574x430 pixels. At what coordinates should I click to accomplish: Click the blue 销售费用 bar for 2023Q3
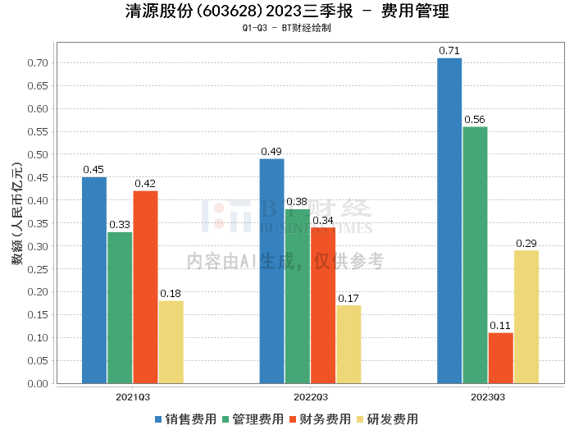pos(449,221)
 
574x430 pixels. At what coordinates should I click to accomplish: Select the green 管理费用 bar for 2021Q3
pos(120,308)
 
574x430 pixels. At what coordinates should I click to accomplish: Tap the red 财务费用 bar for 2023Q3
pos(500,359)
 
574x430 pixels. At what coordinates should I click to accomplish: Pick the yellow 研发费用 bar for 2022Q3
pos(348,345)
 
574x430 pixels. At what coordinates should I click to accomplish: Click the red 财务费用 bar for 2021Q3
pos(145,287)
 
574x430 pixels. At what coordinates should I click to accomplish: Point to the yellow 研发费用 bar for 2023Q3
pos(526,317)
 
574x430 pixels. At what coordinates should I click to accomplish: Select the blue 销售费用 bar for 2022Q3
pos(271,271)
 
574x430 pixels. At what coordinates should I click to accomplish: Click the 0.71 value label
pos(449,51)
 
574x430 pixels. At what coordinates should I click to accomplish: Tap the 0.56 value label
pos(475,120)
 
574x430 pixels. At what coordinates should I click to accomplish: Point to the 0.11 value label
pos(500,326)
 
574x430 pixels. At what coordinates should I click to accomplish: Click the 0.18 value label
pos(171,294)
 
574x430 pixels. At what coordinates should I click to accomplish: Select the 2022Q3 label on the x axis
pos(311,397)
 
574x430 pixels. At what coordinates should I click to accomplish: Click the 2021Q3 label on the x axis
pos(133,397)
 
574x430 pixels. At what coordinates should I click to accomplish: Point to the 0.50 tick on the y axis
pos(38,154)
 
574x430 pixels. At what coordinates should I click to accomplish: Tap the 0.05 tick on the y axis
pos(38,361)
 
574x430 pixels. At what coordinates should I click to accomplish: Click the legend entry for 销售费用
pos(185,419)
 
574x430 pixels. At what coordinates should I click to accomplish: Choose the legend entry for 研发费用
pos(387,419)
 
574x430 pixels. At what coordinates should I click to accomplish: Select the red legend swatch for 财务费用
pos(293,419)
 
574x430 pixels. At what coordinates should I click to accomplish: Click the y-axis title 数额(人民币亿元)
pos(17,213)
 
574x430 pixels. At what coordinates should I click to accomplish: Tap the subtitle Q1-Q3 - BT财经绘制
pos(287,28)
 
